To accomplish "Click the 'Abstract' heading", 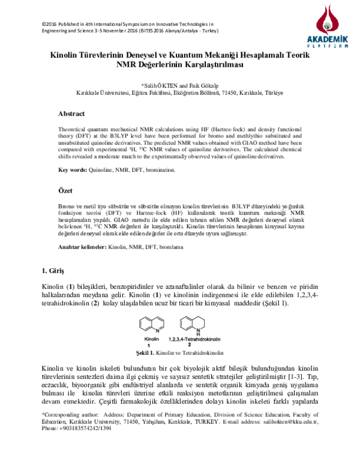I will pos(71,113).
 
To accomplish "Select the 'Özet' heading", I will pos(65,190).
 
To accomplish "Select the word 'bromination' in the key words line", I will pos(160,171).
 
